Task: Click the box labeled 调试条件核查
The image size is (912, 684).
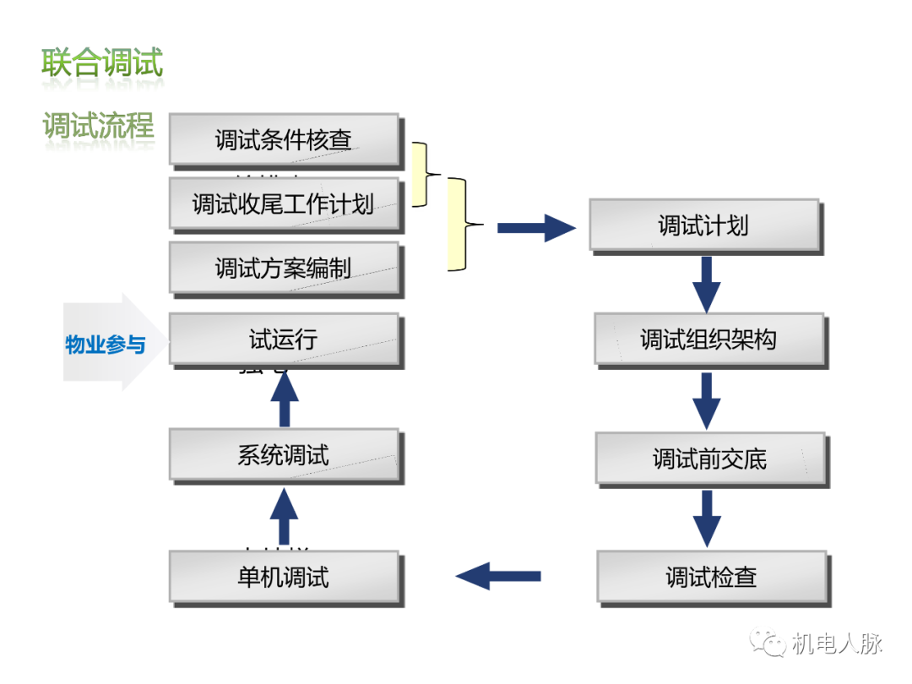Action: pyautogui.click(x=284, y=139)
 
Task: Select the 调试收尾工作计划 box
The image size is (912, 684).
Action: pyautogui.click(x=284, y=204)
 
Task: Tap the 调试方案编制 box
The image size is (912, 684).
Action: pyautogui.click(x=284, y=269)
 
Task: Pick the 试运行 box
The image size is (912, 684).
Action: pyautogui.click(x=284, y=339)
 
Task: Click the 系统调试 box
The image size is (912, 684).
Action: pyautogui.click(x=284, y=456)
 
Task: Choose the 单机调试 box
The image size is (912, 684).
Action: pyautogui.click(x=284, y=578)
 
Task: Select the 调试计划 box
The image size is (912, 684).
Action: pyautogui.click(x=703, y=225)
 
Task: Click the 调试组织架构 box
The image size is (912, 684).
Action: pyautogui.click(x=708, y=339)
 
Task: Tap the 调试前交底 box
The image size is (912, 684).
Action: pyautogui.click(x=710, y=459)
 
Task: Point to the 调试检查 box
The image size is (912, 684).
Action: pyautogui.click(x=712, y=578)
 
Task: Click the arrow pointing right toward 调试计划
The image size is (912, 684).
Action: pyautogui.click(x=536, y=228)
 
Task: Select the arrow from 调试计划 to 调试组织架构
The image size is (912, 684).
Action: pyautogui.click(x=706, y=284)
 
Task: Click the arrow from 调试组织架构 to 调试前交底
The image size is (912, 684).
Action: pyautogui.click(x=706, y=400)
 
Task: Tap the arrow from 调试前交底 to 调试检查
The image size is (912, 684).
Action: pyautogui.click(x=706, y=518)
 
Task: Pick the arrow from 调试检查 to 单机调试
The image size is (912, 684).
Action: pyautogui.click(x=498, y=576)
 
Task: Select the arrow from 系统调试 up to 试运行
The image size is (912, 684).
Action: pyautogui.click(x=284, y=398)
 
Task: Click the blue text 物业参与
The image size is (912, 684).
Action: pyautogui.click(x=106, y=345)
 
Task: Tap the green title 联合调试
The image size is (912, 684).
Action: pyautogui.click(x=102, y=63)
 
